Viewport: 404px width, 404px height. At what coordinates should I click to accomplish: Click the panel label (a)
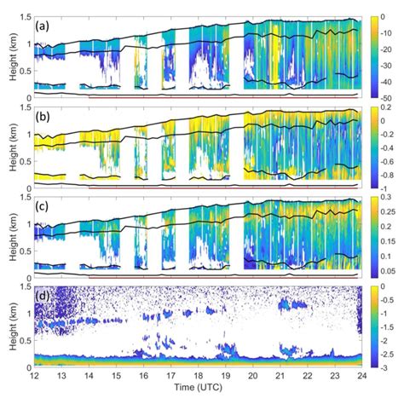pyautogui.click(x=40, y=26)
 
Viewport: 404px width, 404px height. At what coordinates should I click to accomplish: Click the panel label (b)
pyautogui.click(x=40, y=118)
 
